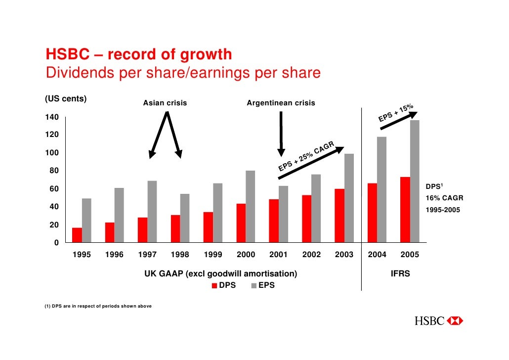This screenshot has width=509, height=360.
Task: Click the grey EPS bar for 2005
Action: point(415,181)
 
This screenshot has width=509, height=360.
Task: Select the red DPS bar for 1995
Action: point(77,235)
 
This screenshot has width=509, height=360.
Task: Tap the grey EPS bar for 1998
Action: point(185,218)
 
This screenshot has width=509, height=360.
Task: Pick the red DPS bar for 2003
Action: point(340,215)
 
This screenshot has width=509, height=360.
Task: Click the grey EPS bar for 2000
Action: point(251,206)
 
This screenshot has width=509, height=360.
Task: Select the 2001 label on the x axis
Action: point(278,255)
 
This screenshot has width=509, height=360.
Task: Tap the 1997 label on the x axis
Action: point(147,255)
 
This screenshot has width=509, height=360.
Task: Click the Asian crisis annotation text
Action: point(165,103)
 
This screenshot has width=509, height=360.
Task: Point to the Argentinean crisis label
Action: point(281,103)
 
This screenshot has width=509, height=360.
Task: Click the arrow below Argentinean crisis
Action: point(281,134)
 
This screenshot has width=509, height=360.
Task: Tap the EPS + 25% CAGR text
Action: point(306,157)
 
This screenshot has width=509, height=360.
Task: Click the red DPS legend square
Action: point(214,286)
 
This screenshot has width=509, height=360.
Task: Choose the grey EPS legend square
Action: point(254,286)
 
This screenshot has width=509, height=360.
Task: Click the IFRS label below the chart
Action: point(400,273)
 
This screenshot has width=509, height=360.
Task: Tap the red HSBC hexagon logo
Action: point(455,321)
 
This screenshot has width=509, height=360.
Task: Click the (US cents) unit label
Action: point(66,98)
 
